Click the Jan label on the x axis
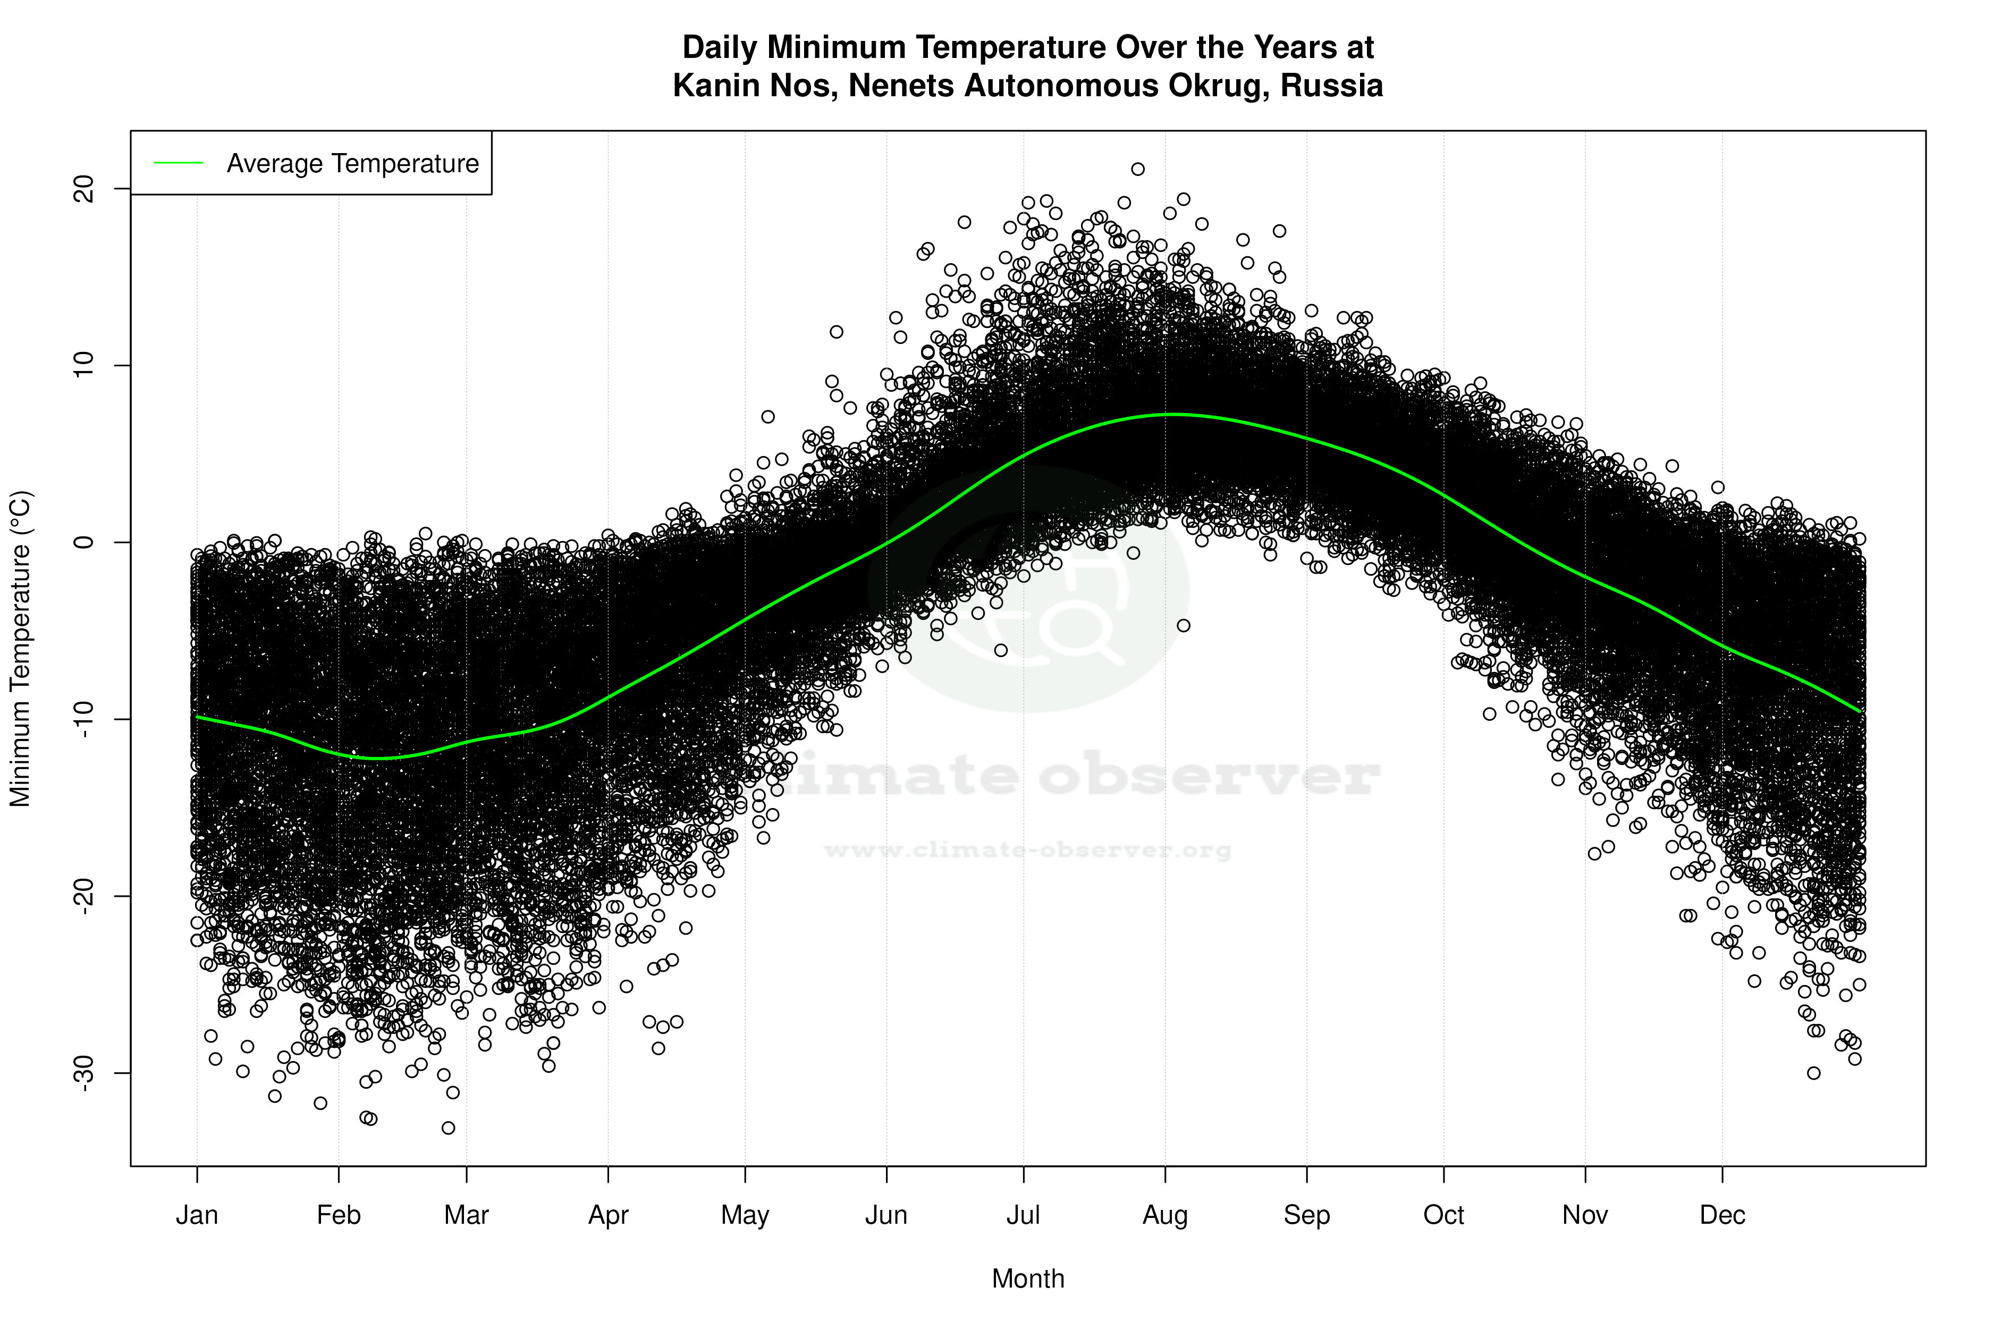tap(197, 1215)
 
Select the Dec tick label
tap(1722, 1215)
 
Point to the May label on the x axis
tap(745, 1215)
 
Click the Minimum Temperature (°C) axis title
tap(20, 649)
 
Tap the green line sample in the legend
tap(179, 163)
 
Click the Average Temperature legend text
tap(352, 164)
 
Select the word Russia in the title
tap(1331, 86)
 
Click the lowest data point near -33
tap(448, 1128)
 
